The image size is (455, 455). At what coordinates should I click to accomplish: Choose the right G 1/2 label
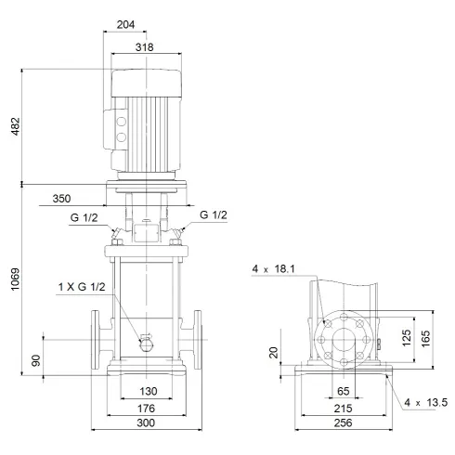214,214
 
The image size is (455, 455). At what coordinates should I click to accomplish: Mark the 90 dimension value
36,358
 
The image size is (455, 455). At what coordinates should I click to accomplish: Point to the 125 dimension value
405,336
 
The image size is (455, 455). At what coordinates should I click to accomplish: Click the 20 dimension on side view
273,353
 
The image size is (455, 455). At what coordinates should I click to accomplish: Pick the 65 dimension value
343,391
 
